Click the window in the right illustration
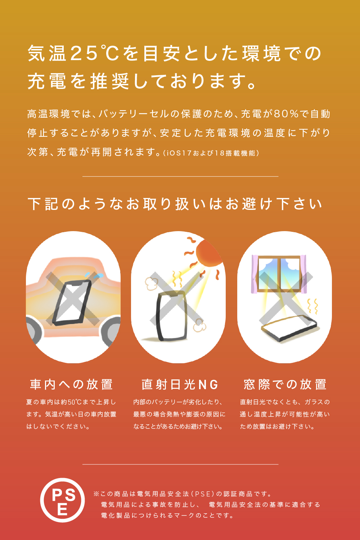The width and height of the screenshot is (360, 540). click(279, 274)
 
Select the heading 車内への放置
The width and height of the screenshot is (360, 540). click(71, 384)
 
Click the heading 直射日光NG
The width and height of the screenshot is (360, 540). click(180, 384)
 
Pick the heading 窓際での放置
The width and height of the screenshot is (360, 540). click(285, 384)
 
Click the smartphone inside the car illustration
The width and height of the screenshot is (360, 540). click(72, 303)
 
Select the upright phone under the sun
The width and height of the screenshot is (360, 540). click(171, 316)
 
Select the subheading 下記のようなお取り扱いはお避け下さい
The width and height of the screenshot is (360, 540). click(175, 204)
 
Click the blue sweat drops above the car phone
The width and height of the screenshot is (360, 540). click(94, 275)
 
